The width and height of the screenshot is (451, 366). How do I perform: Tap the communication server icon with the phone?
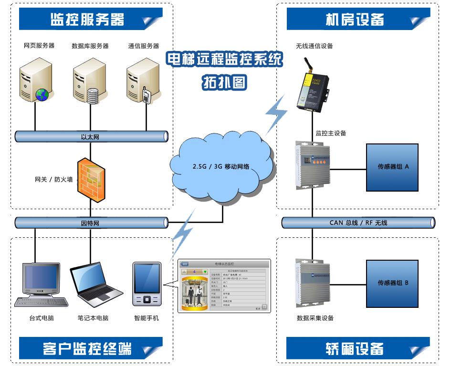click(142, 81)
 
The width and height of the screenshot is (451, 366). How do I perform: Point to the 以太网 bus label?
click(90, 137)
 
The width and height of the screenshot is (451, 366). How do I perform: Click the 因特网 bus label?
click(90, 223)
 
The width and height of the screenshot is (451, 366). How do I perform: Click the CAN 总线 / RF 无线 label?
click(358, 223)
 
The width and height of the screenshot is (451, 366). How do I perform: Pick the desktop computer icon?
click(41, 284)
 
